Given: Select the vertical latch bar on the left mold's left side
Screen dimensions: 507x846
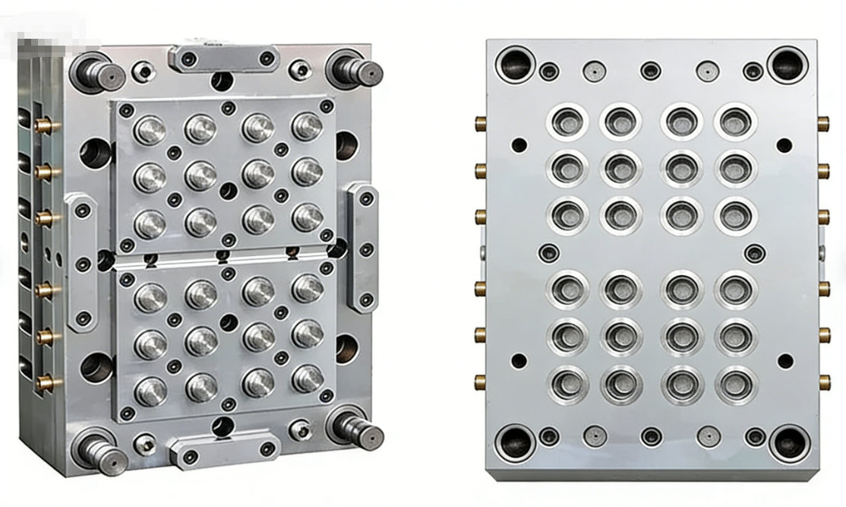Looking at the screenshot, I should [81, 262].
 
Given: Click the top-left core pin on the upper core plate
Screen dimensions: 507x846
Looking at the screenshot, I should [150, 129].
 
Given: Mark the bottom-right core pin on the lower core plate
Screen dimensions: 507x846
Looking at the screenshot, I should [308, 378].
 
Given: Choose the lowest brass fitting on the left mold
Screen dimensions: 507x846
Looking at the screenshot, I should [46, 382].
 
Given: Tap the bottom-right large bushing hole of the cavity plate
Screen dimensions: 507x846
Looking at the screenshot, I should [787, 441].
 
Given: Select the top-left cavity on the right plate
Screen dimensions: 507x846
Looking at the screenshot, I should [567, 122].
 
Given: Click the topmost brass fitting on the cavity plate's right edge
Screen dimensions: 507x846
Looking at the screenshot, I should [823, 122].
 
